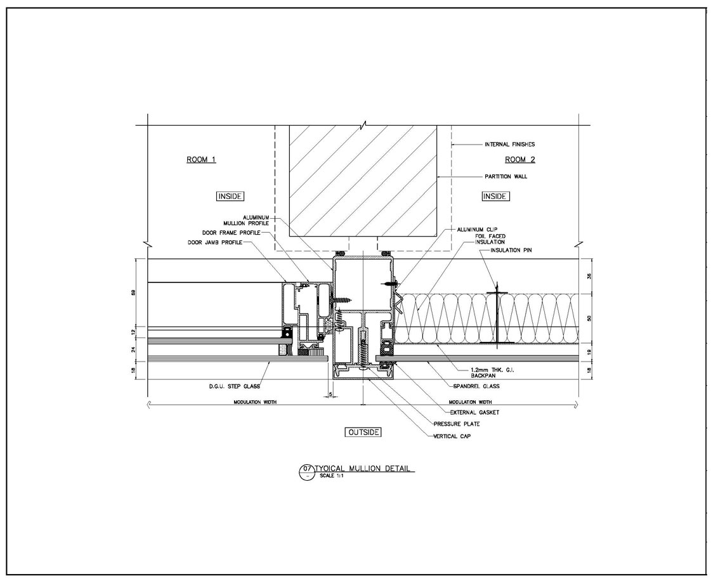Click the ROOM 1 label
(x=201, y=160)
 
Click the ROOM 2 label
(x=519, y=159)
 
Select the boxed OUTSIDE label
(x=363, y=433)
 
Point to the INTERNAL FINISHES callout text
(x=509, y=145)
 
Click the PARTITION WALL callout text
(x=506, y=177)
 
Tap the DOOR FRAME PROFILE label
(x=228, y=233)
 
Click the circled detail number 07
(x=307, y=469)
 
